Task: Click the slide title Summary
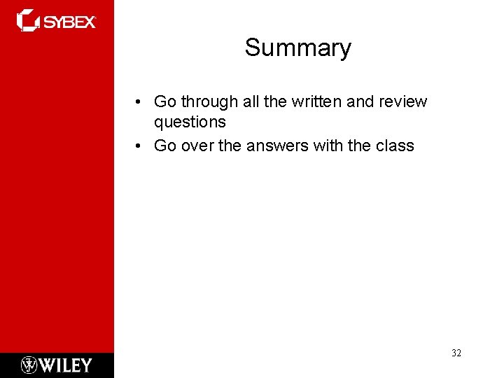[297, 48]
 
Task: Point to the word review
[402, 102]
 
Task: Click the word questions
[190, 122]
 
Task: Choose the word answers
[273, 146]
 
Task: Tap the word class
[394, 146]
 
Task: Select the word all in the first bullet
[250, 102]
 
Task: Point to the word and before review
[360, 102]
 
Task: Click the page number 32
[456, 353]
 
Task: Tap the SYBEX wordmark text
[71, 22]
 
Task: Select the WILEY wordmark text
[66, 365]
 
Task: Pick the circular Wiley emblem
[29, 365]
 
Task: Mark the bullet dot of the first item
[141, 102]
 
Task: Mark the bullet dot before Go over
[141, 146]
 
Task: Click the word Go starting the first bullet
[164, 102]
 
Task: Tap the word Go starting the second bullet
[164, 146]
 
